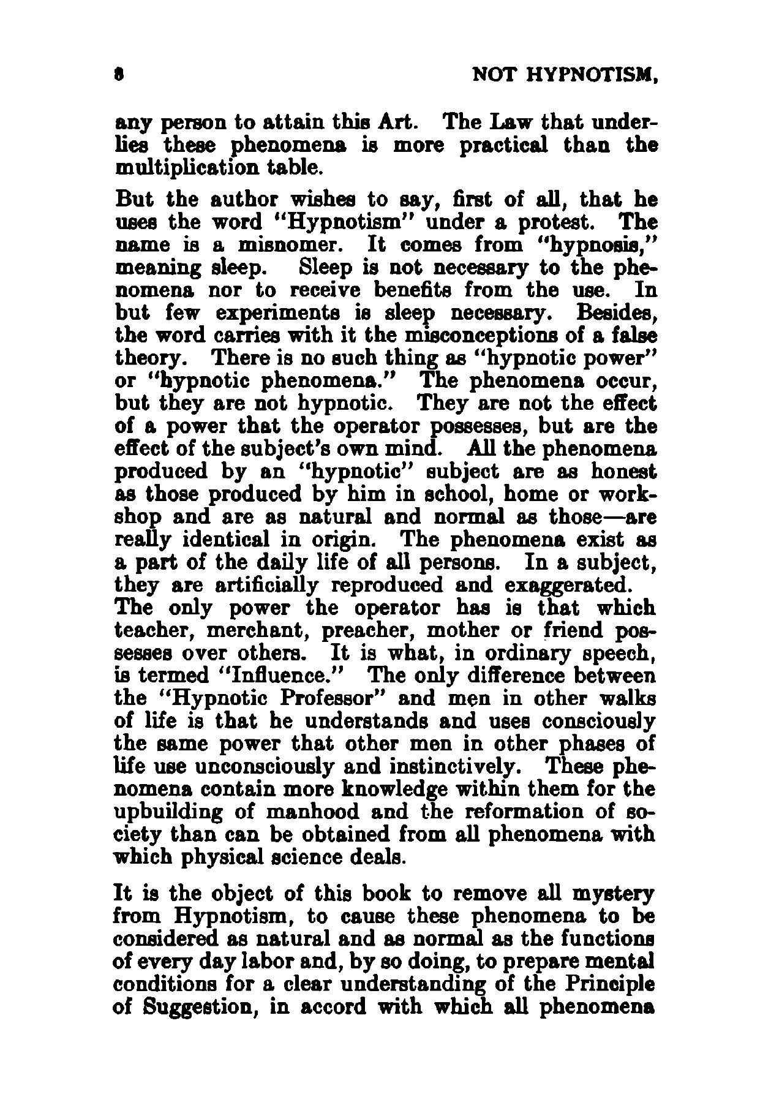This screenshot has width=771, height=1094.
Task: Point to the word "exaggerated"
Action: point(565,585)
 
